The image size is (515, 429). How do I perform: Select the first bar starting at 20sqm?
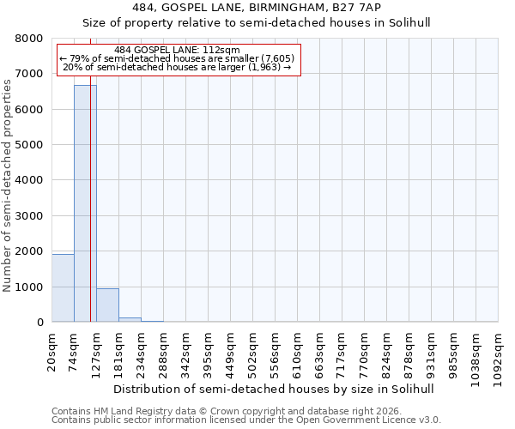pos(63,288)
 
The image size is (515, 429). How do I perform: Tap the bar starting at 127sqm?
pos(107,305)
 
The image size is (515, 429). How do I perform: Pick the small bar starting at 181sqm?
pos(130,319)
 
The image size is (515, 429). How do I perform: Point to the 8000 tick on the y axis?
pos(30,39)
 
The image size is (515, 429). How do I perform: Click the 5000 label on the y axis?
pos(30,145)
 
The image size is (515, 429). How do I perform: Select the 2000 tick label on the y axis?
pos(30,251)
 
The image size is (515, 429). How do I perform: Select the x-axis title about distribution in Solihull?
pos(273,389)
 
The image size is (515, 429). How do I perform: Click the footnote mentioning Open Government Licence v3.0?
pos(246,420)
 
